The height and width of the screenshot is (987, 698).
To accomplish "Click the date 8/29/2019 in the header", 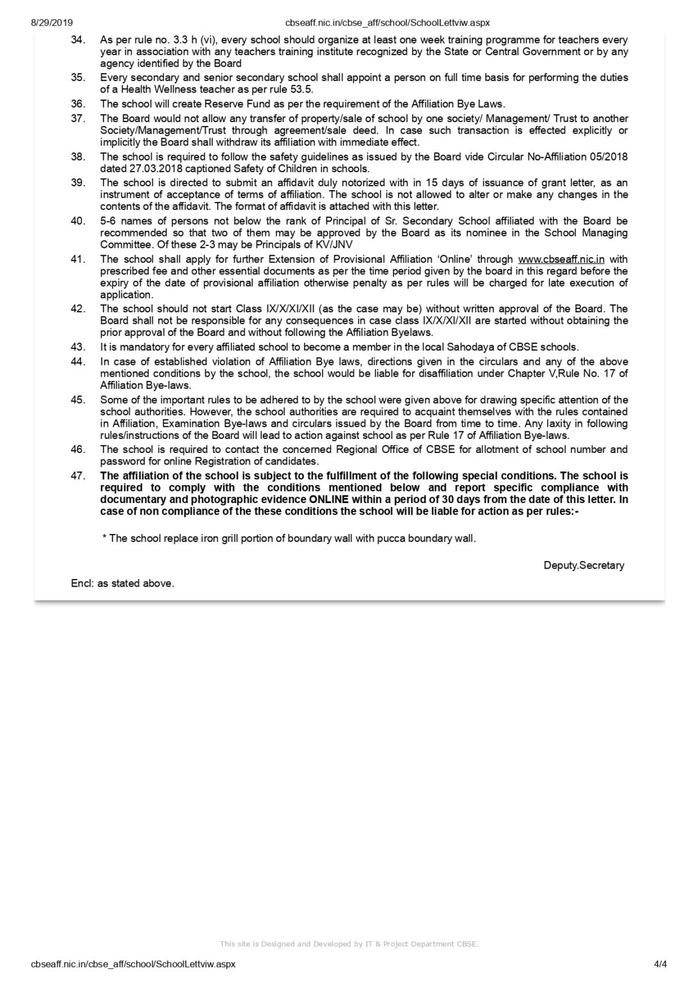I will [x=52, y=22].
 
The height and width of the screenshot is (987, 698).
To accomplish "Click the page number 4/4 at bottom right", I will [x=660, y=964].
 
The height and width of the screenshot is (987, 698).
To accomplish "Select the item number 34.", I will [x=78, y=40].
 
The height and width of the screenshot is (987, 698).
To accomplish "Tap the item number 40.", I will [x=78, y=221].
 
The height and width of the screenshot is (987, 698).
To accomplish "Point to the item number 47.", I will [x=78, y=476].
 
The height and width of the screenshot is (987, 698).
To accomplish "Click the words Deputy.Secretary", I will [x=584, y=565].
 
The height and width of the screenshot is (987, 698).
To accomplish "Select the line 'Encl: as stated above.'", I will [x=123, y=583].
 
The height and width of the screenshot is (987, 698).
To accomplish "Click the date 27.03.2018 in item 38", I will [x=140, y=169].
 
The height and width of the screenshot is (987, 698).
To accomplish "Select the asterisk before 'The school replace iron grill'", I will [x=104, y=538].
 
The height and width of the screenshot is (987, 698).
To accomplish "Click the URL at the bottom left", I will [x=133, y=964].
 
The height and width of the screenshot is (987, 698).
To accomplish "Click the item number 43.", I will [x=78, y=347].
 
